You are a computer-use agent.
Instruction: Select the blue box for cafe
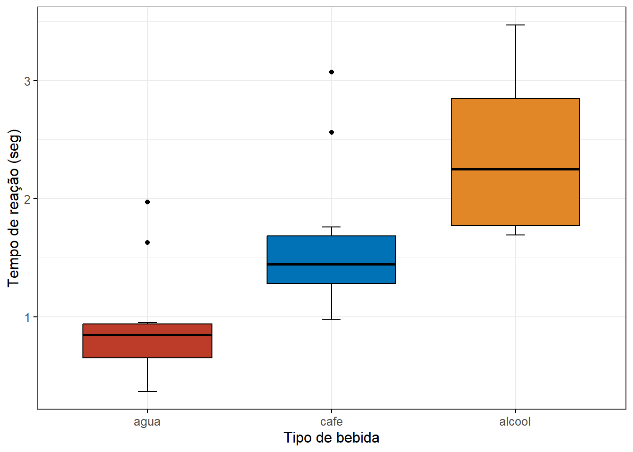click(331, 250)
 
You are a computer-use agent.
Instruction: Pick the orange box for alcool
click(515, 137)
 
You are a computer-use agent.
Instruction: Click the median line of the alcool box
click(515, 169)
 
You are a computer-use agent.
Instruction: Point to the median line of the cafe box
click(331, 264)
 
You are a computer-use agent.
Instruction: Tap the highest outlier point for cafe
click(332, 72)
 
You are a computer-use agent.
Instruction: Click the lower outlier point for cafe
click(332, 132)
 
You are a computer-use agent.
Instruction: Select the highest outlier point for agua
click(147, 202)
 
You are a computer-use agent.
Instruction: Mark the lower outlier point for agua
click(147, 242)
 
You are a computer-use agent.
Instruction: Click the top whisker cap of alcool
click(515, 25)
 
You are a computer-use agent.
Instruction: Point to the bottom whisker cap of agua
click(147, 391)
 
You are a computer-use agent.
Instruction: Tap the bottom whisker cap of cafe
click(332, 319)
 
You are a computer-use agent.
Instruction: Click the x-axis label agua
click(147, 421)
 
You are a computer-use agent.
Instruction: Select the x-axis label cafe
click(332, 421)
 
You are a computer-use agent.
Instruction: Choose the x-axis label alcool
click(515, 421)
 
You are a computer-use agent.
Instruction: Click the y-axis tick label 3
click(27, 81)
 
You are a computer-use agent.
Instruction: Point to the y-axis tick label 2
click(27, 199)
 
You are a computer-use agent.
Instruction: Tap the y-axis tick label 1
click(27, 317)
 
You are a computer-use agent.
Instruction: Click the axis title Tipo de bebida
click(331, 438)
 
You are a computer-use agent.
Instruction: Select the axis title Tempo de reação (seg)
click(14, 208)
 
